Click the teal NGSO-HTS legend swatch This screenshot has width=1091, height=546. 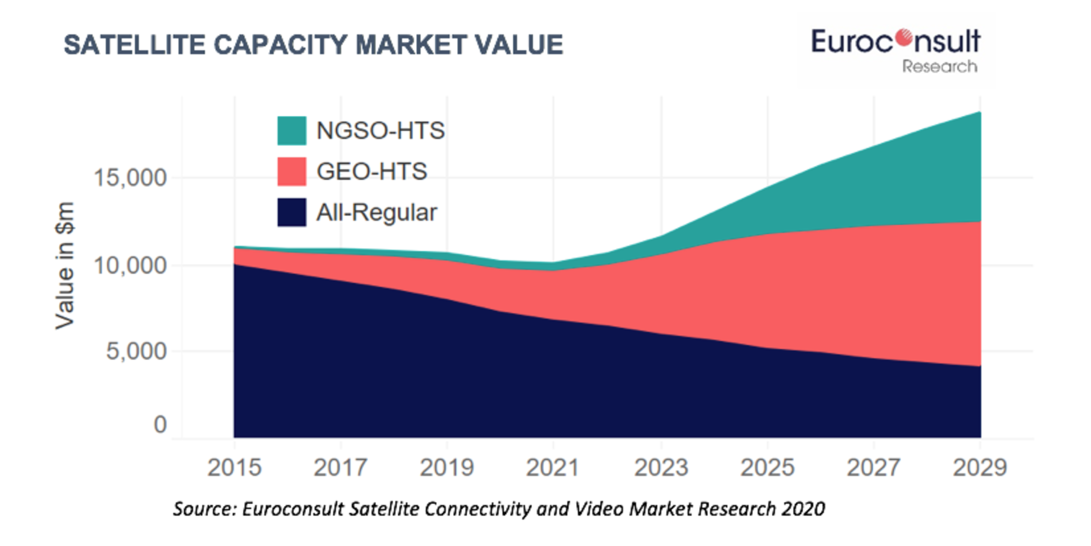[x=292, y=130]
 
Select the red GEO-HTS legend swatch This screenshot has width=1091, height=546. [x=292, y=171]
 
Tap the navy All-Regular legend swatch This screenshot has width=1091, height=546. [x=292, y=212]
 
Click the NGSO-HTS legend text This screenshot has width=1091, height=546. [x=381, y=130]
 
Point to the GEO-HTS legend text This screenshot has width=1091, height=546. [x=372, y=171]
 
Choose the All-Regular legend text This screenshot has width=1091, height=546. [x=377, y=213]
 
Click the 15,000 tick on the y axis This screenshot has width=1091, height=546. [x=130, y=178]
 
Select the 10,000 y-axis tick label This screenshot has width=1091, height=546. [x=130, y=265]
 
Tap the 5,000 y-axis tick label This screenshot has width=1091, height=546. [x=136, y=351]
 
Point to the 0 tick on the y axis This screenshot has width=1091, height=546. [x=160, y=425]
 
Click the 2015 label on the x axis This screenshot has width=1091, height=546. [x=234, y=468]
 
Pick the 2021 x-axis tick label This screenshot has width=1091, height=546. [x=553, y=468]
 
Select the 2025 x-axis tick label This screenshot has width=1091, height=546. [x=767, y=468]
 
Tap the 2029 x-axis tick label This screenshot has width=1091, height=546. [x=980, y=468]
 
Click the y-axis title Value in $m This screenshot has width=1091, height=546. [x=65, y=265]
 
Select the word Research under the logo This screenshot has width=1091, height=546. [x=940, y=67]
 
